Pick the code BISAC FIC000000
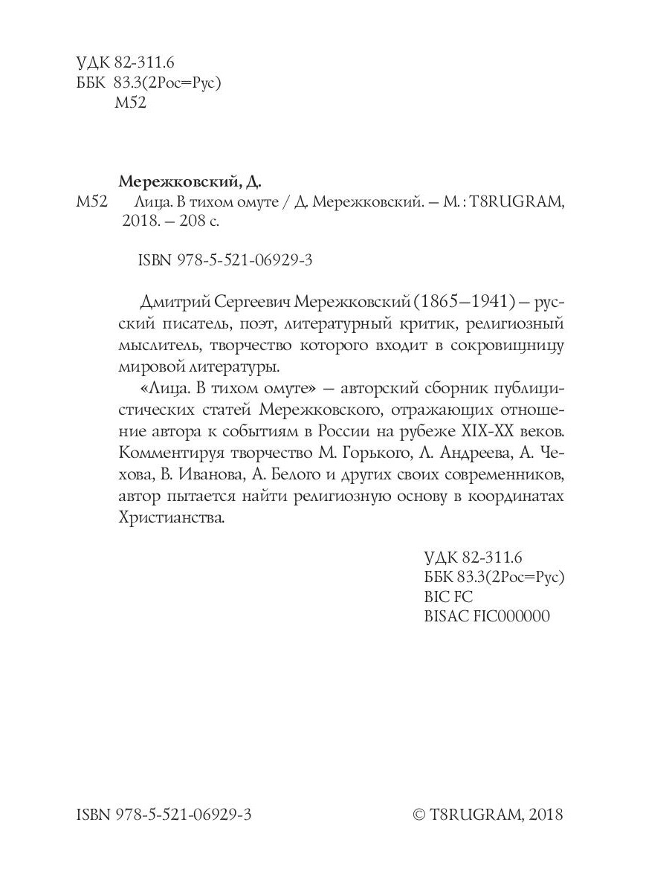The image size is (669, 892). (486, 616)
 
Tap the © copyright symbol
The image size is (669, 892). (418, 815)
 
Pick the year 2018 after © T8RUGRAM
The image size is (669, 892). (546, 815)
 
